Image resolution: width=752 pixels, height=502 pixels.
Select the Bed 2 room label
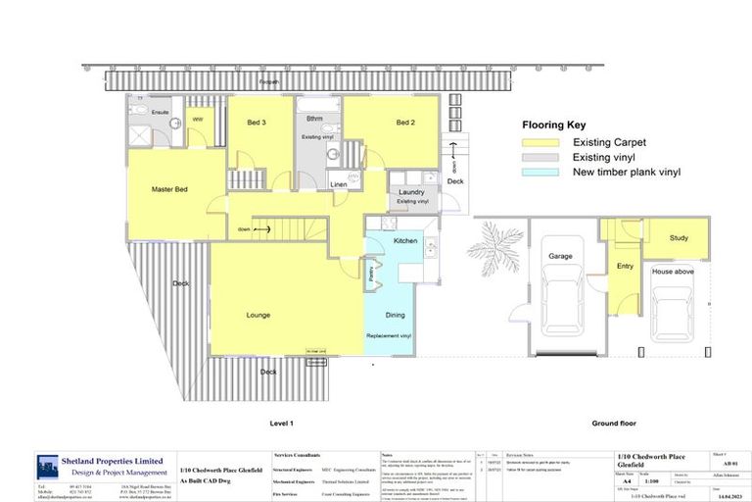406,122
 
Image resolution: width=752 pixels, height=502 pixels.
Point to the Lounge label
258,315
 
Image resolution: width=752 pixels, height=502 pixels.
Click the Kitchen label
405,240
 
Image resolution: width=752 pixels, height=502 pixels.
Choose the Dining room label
395,315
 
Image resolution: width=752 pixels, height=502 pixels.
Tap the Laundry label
411,192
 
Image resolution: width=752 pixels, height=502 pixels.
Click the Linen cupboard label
339,184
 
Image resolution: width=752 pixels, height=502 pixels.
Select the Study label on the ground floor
679,238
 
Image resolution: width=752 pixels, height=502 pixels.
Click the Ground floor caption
614,423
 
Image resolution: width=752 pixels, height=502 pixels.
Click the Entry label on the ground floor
625,265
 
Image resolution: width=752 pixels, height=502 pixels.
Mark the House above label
673,272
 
